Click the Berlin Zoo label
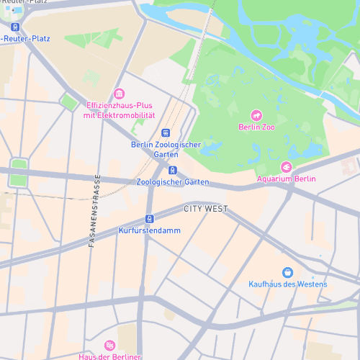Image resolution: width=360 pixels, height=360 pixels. [x=256, y=127]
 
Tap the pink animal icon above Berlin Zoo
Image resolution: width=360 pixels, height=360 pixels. [x=256, y=115]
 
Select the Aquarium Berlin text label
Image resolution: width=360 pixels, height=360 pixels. [x=286, y=179]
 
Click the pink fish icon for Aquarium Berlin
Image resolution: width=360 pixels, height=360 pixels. [x=286, y=167]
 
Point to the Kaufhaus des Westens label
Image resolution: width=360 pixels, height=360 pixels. [x=287, y=284]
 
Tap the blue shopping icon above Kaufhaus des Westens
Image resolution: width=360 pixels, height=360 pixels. [x=288, y=271]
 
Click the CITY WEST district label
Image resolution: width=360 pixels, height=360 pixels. [x=205, y=209]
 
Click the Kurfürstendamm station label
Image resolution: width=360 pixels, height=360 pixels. [x=149, y=230]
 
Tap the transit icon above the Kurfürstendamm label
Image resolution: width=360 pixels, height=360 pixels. [x=149, y=219]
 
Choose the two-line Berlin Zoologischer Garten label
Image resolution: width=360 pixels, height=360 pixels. [x=166, y=149]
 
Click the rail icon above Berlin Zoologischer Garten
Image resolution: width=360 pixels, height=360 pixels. [x=166, y=133]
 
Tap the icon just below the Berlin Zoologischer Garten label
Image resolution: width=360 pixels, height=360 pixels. [x=173, y=170]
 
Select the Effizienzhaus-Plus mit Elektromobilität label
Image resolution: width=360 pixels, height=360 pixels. [x=120, y=110]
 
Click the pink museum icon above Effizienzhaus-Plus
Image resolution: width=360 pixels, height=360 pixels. [x=120, y=94]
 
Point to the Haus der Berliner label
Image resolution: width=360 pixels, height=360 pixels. [x=109, y=356]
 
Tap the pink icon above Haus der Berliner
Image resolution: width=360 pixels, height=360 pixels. [x=109, y=346]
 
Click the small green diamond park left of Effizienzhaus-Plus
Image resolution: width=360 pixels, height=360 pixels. [x=68, y=102]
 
